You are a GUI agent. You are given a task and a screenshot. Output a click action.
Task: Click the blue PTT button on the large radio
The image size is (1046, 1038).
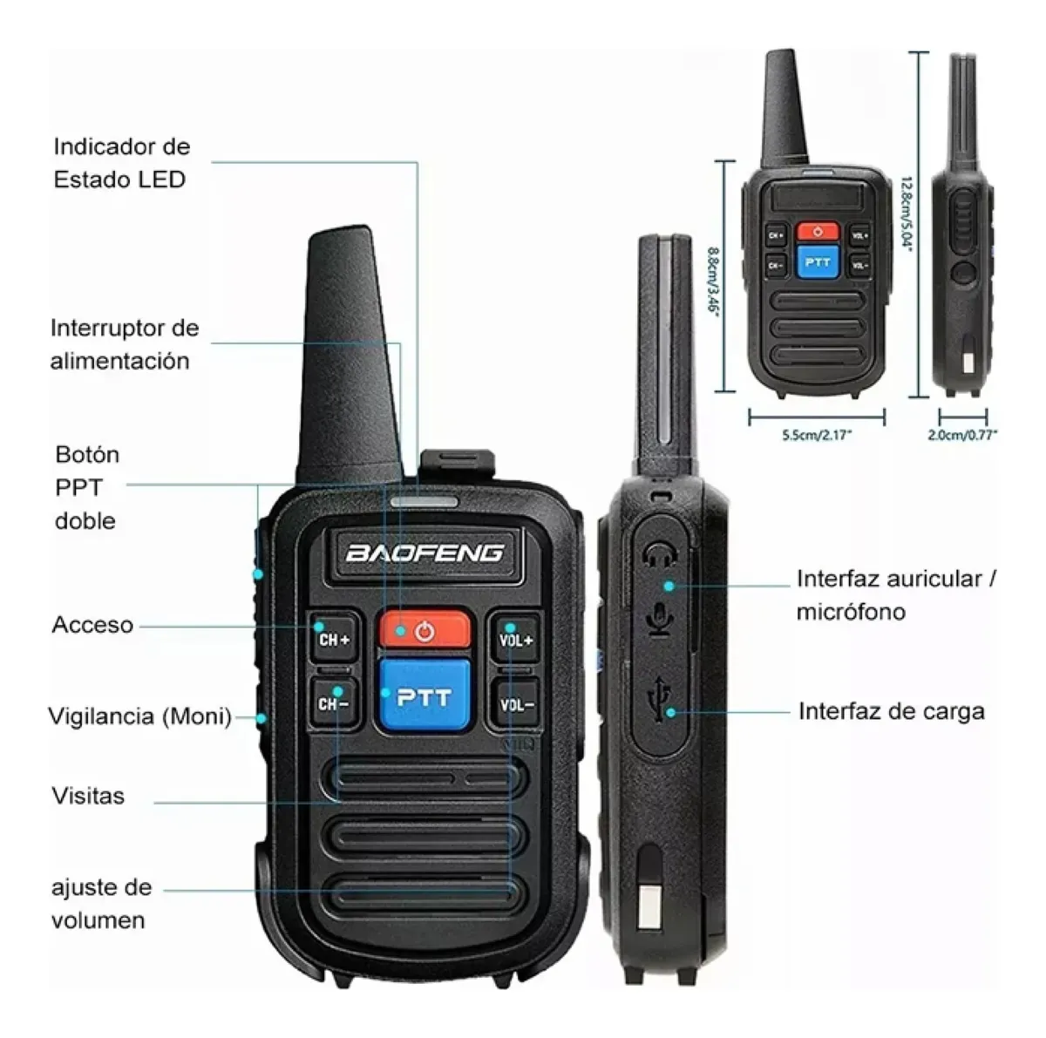[x=424, y=696]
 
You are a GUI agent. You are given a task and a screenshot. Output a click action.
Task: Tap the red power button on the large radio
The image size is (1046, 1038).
[x=425, y=630]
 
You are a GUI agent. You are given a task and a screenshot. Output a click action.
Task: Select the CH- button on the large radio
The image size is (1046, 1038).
[x=334, y=703]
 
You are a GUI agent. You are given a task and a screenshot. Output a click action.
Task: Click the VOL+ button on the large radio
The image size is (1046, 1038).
[x=516, y=639]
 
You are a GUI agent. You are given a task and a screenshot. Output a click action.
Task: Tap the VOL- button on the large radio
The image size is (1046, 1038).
[x=517, y=704]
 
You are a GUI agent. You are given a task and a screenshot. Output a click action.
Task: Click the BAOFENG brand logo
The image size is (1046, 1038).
[x=425, y=553]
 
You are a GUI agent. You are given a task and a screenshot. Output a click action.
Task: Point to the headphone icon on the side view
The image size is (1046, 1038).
[x=660, y=554]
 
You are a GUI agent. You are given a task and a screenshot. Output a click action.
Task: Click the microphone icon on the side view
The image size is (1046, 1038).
[x=661, y=619]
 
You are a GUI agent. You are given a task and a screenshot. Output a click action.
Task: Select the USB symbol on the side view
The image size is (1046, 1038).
[x=660, y=699]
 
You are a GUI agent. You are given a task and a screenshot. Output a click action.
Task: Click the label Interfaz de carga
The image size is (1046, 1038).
[x=892, y=712]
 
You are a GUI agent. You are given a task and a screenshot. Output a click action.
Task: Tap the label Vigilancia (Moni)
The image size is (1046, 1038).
[x=140, y=716]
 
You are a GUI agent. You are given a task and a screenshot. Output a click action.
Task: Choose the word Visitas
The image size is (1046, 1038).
[x=89, y=796]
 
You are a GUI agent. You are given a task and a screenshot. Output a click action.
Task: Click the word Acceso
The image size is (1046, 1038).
[x=92, y=625]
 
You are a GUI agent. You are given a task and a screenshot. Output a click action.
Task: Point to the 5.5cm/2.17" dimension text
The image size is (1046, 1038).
[x=818, y=435]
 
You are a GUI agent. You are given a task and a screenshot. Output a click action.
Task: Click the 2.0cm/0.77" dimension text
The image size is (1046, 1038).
[x=962, y=435]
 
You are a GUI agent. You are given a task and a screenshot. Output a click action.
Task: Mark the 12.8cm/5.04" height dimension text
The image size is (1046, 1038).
[x=906, y=214]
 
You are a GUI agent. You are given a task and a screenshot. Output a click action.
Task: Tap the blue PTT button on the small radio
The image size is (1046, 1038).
[x=818, y=262]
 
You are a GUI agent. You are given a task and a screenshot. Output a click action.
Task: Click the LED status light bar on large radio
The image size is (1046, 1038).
[x=425, y=502]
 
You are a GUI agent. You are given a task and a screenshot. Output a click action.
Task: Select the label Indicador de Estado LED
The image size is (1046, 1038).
[x=121, y=163]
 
